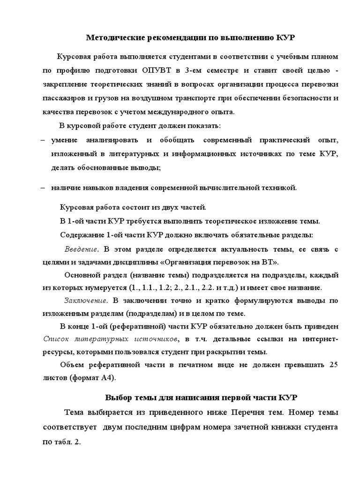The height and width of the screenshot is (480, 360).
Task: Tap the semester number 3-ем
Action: click(x=192, y=71)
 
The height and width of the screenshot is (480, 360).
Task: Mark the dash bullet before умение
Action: click(x=43, y=140)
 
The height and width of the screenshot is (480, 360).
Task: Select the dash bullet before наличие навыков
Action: click(x=43, y=187)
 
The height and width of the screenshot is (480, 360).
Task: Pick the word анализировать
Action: click(x=112, y=140)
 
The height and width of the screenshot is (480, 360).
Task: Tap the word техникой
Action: click(x=278, y=187)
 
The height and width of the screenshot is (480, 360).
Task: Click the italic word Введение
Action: click(x=81, y=248)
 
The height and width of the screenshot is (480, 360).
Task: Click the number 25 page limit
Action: click(x=333, y=364)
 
